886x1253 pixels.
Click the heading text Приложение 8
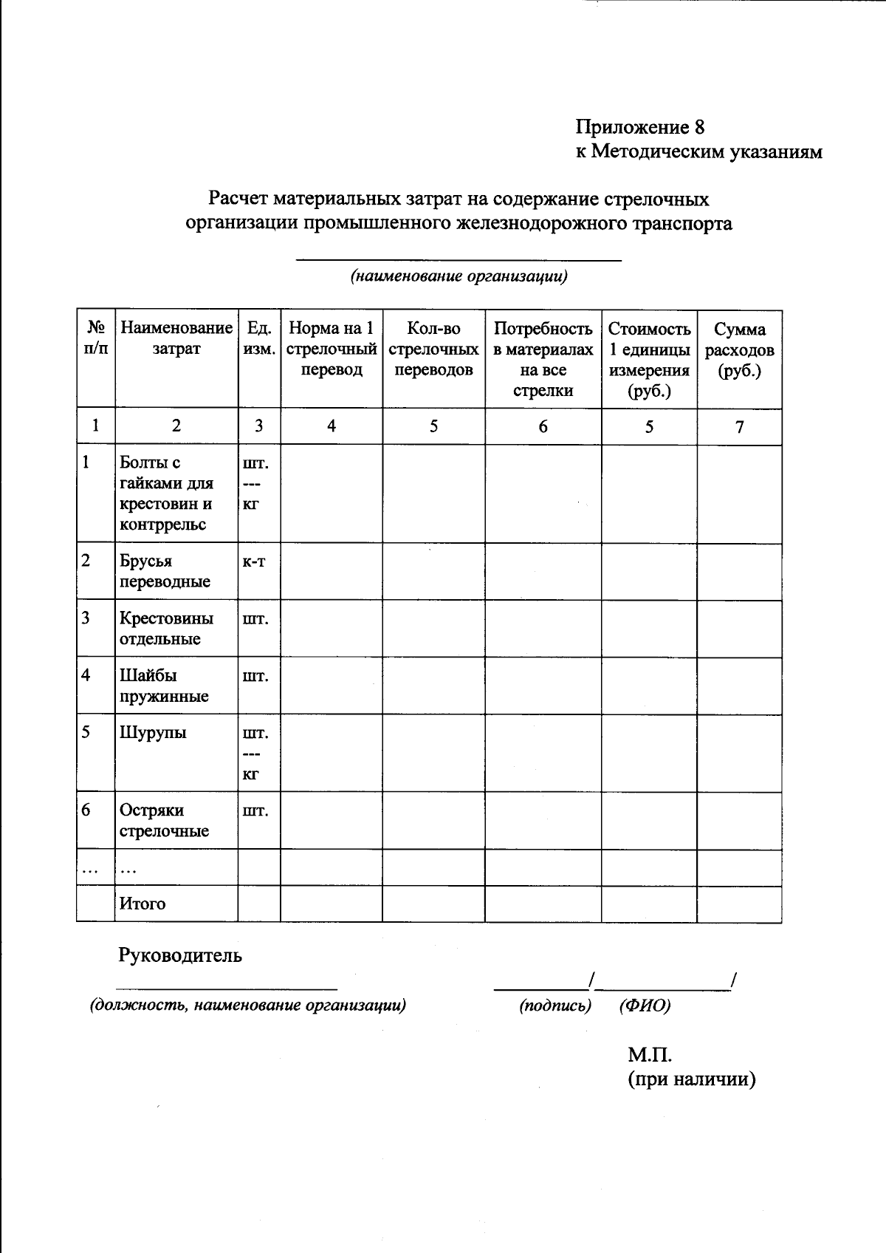(x=640, y=127)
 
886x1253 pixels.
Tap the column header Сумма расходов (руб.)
(x=739, y=350)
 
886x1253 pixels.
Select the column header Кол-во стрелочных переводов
(x=433, y=349)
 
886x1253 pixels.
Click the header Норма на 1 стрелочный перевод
(x=332, y=349)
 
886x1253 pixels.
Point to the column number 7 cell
(x=739, y=426)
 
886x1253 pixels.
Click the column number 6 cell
(x=543, y=426)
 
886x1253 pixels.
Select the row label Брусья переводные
(x=165, y=571)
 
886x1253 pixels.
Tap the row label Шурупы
(x=153, y=732)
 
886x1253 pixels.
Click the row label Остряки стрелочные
(x=164, y=820)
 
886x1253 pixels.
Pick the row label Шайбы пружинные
(x=164, y=686)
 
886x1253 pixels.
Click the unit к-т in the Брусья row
(x=253, y=561)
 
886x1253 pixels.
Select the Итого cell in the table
(x=142, y=904)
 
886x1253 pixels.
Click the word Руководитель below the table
(x=180, y=955)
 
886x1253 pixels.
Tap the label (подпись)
(x=555, y=1006)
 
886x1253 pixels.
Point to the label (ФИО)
(x=645, y=1006)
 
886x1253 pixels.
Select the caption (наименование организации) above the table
(x=459, y=277)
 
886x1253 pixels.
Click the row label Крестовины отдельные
(x=166, y=628)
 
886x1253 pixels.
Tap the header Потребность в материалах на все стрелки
(x=543, y=360)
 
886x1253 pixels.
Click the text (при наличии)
(x=692, y=1079)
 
